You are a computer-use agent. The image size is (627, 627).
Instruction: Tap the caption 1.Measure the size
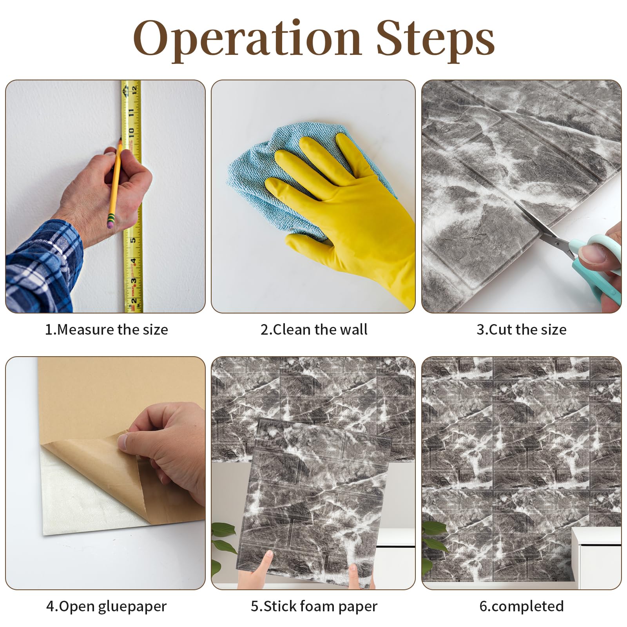[x=107, y=330]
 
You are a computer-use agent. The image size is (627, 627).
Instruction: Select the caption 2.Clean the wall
[x=314, y=330]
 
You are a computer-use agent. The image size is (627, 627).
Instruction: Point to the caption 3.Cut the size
[x=521, y=330]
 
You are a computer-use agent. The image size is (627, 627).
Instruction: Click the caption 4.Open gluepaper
[x=107, y=606]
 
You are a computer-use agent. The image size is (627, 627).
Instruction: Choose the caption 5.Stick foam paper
[x=314, y=606]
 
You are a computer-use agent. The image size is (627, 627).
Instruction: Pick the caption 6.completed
[x=522, y=606]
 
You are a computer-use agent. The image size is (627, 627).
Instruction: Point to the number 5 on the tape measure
[x=133, y=240]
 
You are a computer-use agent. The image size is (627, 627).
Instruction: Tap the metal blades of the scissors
[x=545, y=227]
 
